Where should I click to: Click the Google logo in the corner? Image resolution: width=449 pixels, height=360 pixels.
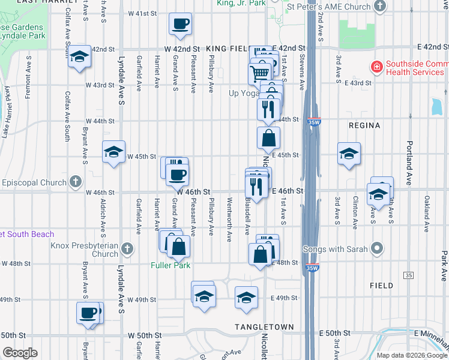point(20,353)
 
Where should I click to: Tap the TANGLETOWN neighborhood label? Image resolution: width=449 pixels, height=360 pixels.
point(264,327)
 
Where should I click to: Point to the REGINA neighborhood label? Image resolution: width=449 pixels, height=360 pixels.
point(365,125)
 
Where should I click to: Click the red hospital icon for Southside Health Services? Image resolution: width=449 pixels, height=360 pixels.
point(377,67)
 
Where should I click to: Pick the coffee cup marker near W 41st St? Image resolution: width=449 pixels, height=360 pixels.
point(181,25)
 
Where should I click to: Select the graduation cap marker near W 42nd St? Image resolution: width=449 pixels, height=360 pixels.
point(79,57)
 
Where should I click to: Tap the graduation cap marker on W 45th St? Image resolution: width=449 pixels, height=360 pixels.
point(113,152)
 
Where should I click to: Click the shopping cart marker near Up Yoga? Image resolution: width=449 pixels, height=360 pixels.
point(259,73)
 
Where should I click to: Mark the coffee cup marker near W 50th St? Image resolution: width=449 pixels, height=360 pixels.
point(88,313)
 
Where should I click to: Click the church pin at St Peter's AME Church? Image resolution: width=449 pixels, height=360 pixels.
point(380,6)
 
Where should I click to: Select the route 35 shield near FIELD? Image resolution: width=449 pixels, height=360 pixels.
point(408,275)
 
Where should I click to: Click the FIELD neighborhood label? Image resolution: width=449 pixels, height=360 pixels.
point(382,286)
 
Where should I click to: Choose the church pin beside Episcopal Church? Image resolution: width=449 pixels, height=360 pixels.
point(75,181)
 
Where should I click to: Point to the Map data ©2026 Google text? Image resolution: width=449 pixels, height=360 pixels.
point(412,355)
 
